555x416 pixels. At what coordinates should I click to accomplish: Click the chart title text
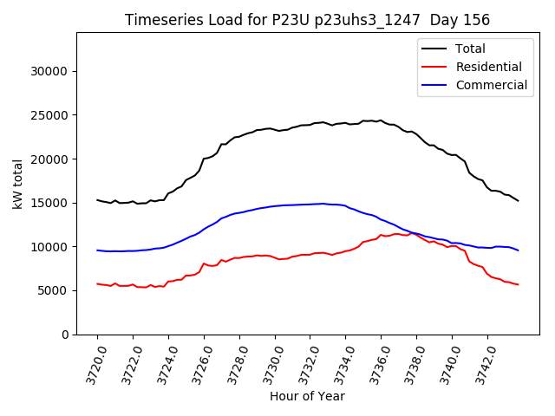(x=307, y=20)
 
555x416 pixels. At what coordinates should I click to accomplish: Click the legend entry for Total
(x=471, y=49)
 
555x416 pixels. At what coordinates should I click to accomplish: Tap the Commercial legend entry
(x=492, y=85)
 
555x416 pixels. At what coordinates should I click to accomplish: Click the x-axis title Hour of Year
(x=307, y=396)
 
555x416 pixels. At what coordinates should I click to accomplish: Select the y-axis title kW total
(x=17, y=183)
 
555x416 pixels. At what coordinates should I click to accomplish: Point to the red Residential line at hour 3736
(x=381, y=235)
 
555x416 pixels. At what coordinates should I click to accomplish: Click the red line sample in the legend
(x=434, y=67)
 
